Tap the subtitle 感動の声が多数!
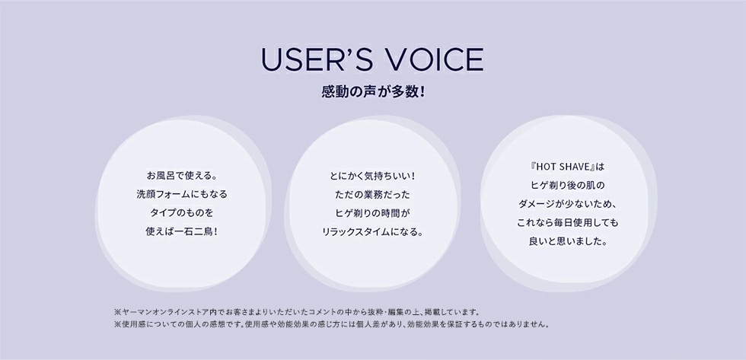(x=373, y=92)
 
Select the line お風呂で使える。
(x=182, y=176)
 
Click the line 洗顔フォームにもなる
(x=182, y=195)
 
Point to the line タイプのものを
(x=182, y=213)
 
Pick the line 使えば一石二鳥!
(x=182, y=231)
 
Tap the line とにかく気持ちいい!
(x=372, y=177)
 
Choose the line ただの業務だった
(x=372, y=195)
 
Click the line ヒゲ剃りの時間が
(x=372, y=214)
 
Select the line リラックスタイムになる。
(x=372, y=233)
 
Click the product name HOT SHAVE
(x=563, y=167)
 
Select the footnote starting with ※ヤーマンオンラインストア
(x=297, y=313)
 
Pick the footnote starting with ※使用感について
(x=332, y=325)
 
